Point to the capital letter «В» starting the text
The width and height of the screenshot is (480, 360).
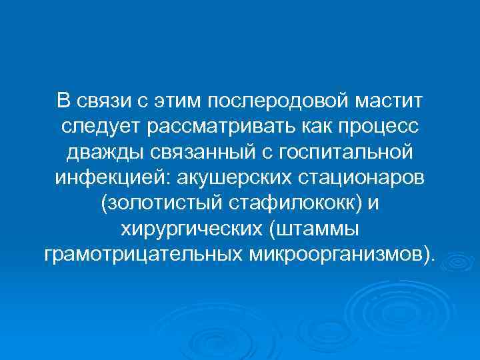(x=63, y=101)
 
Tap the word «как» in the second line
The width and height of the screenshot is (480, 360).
(x=305, y=127)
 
